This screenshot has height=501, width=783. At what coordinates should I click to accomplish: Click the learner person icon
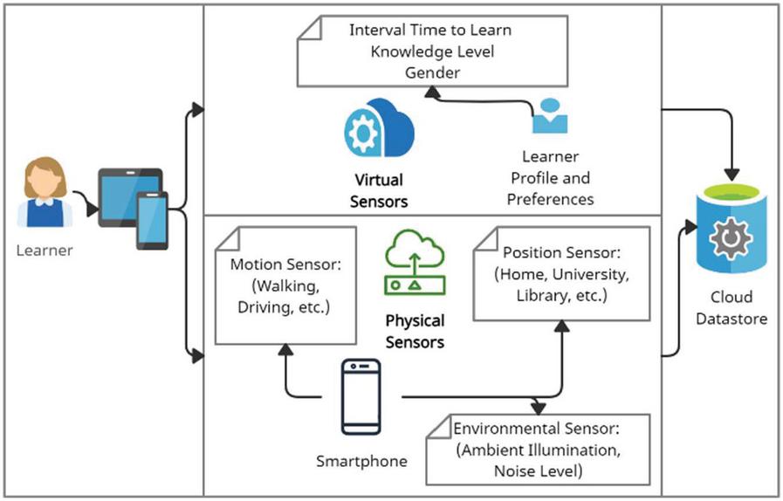[x=45, y=192]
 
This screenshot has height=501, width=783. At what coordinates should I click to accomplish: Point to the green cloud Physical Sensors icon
[x=415, y=261]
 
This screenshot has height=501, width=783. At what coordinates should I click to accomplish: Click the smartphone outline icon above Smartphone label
[x=361, y=396]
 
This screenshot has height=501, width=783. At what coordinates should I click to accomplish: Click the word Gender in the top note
[x=431, y=72]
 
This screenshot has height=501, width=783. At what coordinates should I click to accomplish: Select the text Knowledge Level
[x=432, y=51]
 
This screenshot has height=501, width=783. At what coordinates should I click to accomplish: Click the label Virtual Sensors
[x=379, y=190]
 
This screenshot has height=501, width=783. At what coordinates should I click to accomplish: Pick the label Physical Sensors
[x=415, y=331]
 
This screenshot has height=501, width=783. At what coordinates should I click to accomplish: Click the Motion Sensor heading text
[x=285, y=264]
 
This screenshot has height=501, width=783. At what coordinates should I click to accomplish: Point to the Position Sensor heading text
[x=561, y=253]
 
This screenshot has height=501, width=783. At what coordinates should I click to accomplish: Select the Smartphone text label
[x=361, y=460]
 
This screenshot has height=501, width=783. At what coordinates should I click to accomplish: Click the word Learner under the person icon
[x=45, y=251]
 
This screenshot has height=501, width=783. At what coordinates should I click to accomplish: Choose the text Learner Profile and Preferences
[x=551, y=178]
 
